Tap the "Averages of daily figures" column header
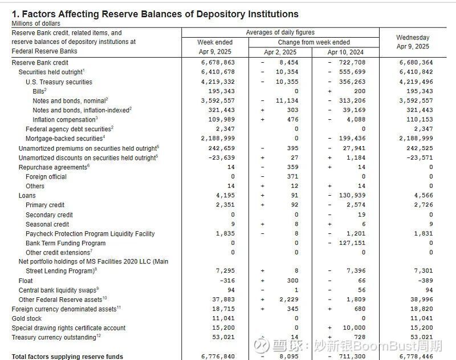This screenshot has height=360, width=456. [x=280, y=33]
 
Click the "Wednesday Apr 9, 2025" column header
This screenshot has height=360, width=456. [x=413, y=42]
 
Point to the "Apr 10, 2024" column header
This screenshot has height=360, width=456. [x=345, y=52]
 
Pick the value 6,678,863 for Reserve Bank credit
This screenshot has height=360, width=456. [x=218, y=63]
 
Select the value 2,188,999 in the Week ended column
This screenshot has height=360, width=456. [x=218, y=139]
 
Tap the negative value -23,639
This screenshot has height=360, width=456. [x=219, y=157]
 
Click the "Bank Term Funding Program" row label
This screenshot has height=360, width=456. [x=66, y=243]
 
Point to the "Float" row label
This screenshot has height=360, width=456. [x=26, y=281]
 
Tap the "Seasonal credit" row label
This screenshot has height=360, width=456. [x=47, y=224]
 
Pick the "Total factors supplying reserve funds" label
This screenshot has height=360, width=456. [x=67, y=357]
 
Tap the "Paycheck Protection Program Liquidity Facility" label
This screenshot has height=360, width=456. [x=90, y=233]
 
